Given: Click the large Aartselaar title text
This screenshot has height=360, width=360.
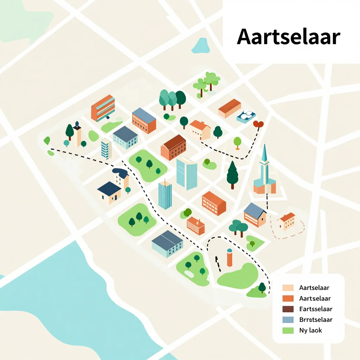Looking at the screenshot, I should pos(288,37).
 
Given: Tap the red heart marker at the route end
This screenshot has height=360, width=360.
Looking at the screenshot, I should pos(258,124).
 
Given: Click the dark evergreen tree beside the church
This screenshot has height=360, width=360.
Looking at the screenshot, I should pos(232,175).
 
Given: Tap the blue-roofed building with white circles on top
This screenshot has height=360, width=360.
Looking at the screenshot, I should pos(246,116).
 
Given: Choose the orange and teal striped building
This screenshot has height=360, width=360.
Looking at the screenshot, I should pos(103,108).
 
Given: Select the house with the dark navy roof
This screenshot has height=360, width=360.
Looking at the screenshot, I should pos(109,193).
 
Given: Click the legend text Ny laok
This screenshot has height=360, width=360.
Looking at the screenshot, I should pos(310,330).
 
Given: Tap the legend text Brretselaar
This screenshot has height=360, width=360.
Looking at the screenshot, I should pos(316,320).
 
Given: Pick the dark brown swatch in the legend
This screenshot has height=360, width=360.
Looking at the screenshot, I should pos(288,309).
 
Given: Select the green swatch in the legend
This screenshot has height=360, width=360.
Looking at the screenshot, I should pos(288,330).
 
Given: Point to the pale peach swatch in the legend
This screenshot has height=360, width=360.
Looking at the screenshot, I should pos(288,288).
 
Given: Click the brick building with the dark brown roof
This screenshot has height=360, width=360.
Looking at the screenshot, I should pos(173,147).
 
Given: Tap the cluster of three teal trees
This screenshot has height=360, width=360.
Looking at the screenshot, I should pos(172,98).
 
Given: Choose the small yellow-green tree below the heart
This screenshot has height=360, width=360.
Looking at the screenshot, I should pos(238,142).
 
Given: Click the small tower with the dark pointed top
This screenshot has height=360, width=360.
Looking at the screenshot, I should pos(77,133).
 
